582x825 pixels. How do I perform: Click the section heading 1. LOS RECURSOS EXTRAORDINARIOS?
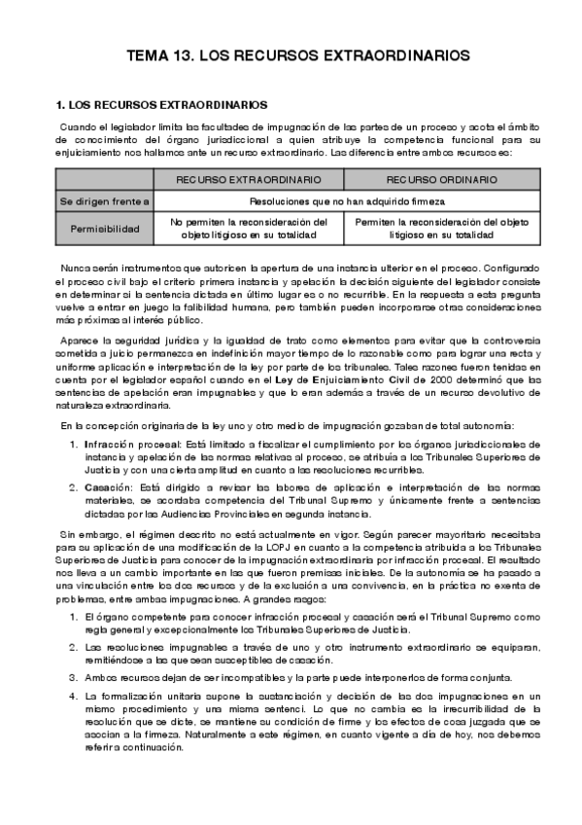(162, 104)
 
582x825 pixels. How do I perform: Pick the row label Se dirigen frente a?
(105, 201)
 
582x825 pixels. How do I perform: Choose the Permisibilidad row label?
(105, 229)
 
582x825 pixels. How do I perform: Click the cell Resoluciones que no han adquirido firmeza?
(347, 201)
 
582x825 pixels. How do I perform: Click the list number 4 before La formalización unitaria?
(73, 696)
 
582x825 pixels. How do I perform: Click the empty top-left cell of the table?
(105, 180)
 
